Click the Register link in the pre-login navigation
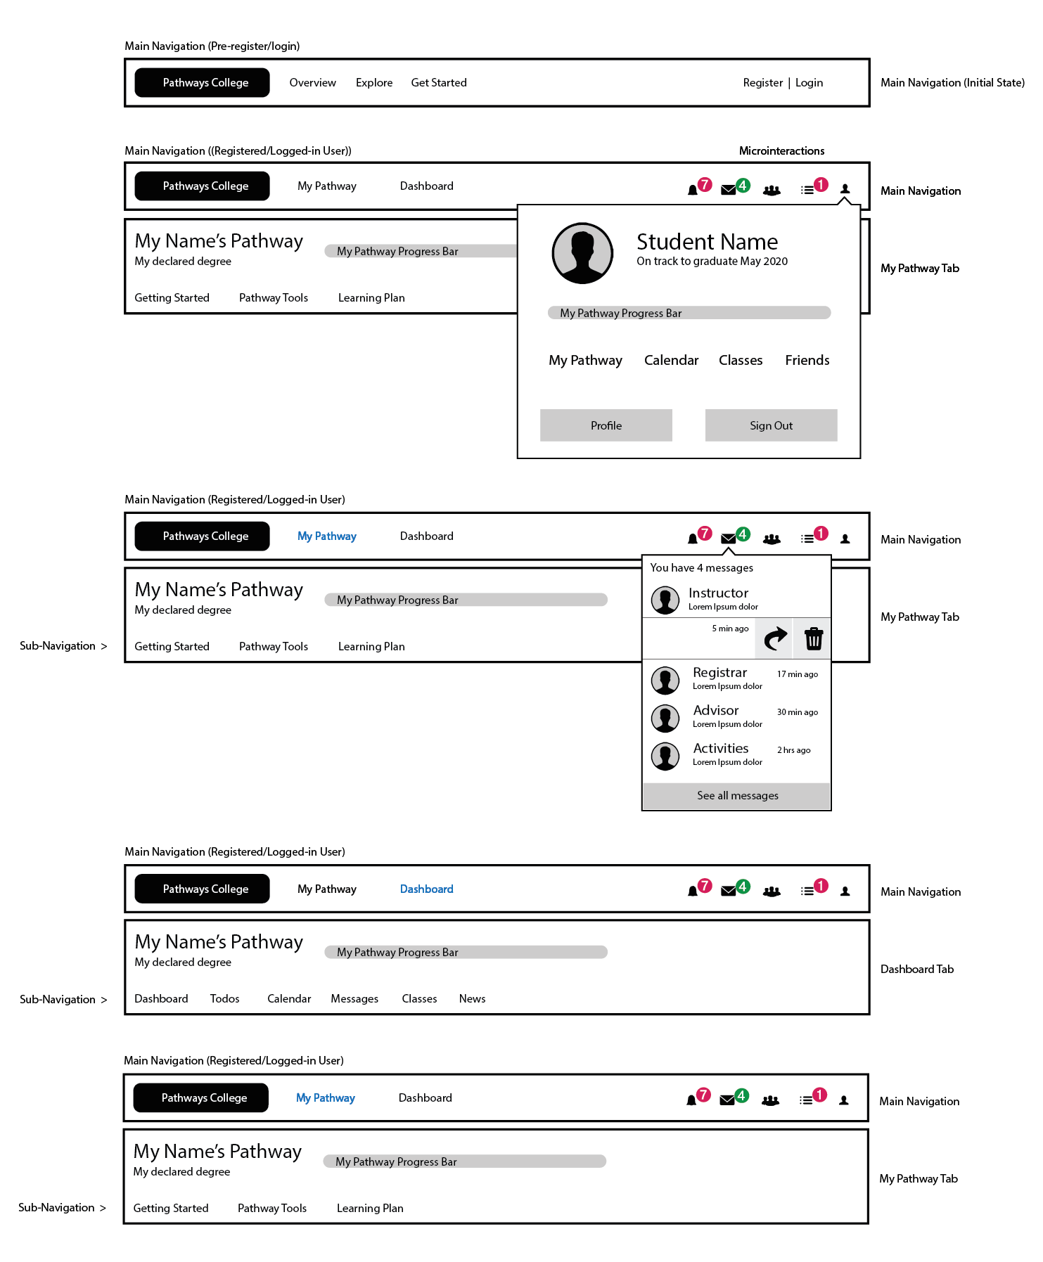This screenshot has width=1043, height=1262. pyautogui.click(x=762, y=83)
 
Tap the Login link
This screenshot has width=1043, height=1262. pyautogui.click(x=809, y=83)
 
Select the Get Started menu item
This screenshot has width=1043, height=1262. pyautogui.click(x=439, y=83)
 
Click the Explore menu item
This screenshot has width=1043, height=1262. pyautogui.click(x=374, y=83)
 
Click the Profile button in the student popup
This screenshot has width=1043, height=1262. pyautogui.click(x=606, y=425)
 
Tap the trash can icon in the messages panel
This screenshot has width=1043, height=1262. pyautogui.click(x=814, y=638)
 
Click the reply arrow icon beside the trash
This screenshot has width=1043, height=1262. pyautogui.click(x=774, y=638)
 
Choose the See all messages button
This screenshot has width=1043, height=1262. pyautogui.click(x=737, y=796)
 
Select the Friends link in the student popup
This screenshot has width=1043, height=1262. pyautogui.click(x=807, y=361)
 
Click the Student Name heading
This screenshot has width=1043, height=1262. pyautogui.click(x=707, y=242)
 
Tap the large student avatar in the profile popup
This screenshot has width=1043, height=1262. pyautogui.click(x=582, y=253)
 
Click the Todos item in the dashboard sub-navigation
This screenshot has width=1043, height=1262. pyautogui.click(x=224, y=999)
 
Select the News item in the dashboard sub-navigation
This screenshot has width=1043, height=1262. pyautogui.click(x=472, y=999)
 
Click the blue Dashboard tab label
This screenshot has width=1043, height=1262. pyautogui.click(x=426, y=889)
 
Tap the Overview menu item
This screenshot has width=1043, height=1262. pyautogui.click(x=312, y=83)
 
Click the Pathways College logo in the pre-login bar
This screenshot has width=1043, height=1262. pyautogui.click(x=202, y=83)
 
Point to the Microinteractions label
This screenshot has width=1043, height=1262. pyautogui.click(x=781, y=151)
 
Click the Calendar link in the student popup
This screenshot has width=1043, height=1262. pyautogui.click(x=671, y=361)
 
